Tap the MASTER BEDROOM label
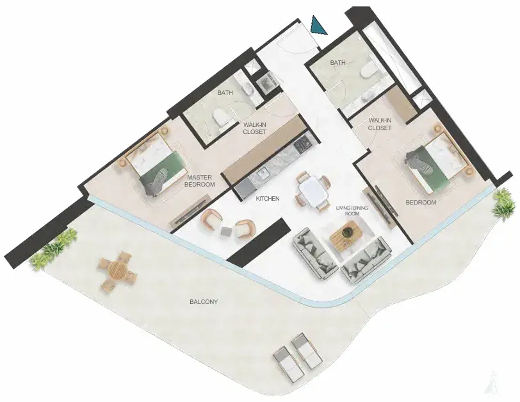click(200, 181)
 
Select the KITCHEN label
click(268, 199)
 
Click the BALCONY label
click(204, 302)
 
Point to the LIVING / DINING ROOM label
click(352, 211)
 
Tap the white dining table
click(313, 190)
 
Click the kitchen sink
click(263, 174)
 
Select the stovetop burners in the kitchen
click(304, 145)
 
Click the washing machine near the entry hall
click(266, 82)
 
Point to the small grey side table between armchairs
click(227, 231)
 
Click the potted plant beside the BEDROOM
click(503, 203)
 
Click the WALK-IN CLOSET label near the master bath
click(255, 128)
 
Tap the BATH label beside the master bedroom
click(225, 93)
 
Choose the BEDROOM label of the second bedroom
click(421, 202)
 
